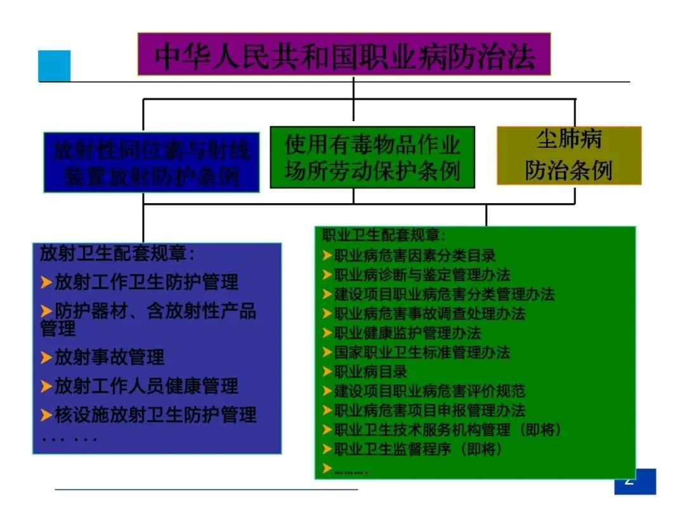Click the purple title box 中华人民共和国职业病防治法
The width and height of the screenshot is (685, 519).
[x=344, y=55]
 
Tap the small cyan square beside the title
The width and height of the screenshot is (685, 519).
[x=55, y=65]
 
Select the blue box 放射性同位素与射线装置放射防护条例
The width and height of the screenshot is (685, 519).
[x=152, y=162]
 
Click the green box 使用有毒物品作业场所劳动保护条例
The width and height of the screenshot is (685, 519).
[x=372, y=157]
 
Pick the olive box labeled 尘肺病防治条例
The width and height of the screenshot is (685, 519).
[x=568, y=155]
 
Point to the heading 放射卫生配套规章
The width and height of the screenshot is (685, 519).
[x=117, y=254]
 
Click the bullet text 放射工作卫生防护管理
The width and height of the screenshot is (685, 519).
[x=147, y=282]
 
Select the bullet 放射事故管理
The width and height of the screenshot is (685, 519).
[x=109, y=357]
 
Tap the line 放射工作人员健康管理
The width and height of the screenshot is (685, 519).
[x=147, y=385]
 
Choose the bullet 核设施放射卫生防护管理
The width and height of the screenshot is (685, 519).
[x=155, y=415]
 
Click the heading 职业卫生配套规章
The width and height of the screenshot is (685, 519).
[x=384, y=235]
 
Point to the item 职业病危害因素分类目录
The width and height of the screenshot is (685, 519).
[x=415, y=256]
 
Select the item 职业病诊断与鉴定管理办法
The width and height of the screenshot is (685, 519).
[x=422, y=275]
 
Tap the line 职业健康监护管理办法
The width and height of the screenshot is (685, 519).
[x=407, y=332]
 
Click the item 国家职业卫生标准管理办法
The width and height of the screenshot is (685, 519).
[x=422, y=352]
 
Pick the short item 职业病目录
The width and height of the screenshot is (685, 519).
[x=370, y=371]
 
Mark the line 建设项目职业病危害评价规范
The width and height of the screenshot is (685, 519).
[x=429, y=391]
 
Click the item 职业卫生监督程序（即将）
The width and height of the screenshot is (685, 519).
[x=418, y=449]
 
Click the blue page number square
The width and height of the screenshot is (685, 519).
[x=635, y=481]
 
